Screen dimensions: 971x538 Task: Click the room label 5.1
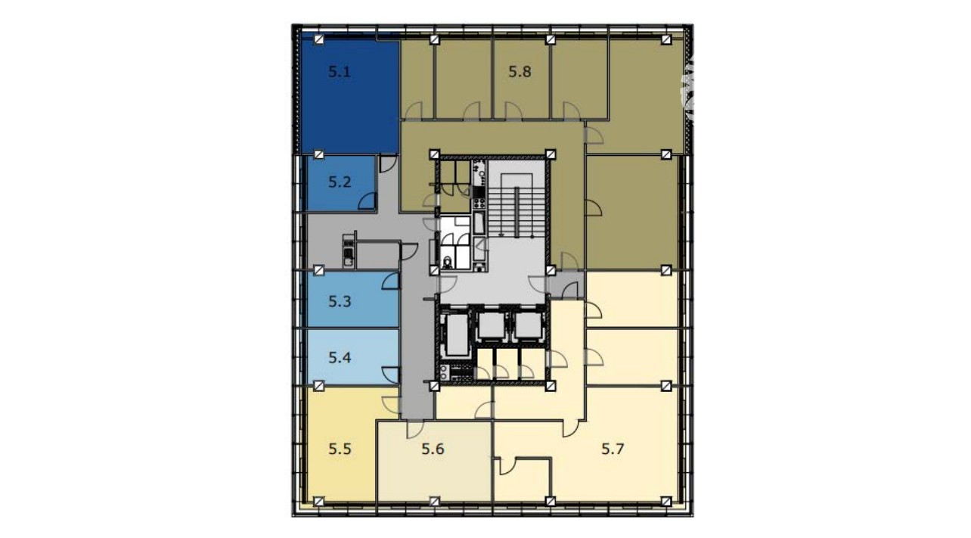[339, 72]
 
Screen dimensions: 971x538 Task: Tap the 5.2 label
[340, 182]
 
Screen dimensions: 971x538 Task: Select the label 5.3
[340, 301]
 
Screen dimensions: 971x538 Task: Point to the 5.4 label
[340, 357]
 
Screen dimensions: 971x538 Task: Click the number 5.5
[340, 449]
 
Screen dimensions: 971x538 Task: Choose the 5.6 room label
[433, 449]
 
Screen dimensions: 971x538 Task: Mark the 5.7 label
[613, 449]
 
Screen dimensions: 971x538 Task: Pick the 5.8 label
[520, 72]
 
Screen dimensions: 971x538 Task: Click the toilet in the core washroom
[448, 262]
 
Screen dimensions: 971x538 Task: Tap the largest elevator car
[457, 335]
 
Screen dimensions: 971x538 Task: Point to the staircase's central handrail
[517, 212]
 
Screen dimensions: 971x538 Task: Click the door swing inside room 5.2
[368, 201]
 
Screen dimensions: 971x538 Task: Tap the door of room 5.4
[390, 375]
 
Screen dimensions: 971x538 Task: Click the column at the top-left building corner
[319, 40]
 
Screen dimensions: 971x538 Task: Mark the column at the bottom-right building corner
[666, 502]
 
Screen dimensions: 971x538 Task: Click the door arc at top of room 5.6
[415, 430]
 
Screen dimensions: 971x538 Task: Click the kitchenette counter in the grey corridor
[348, 250]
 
